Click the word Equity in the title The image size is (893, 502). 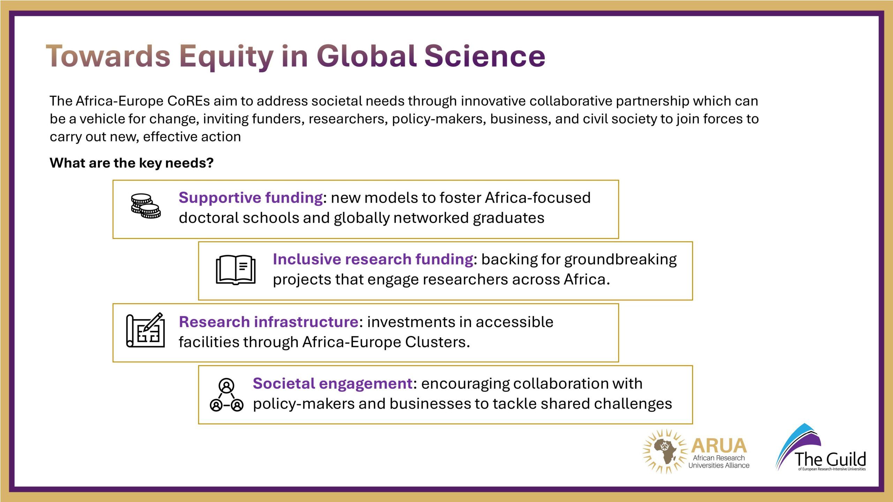tap(226, 56)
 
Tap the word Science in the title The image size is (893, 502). tap(485, 56)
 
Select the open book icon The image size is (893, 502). tap(236, 269)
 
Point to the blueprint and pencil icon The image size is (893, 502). tap(145, 330)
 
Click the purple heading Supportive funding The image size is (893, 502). tap(250, 198)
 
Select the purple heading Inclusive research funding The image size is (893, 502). tap(373, 259)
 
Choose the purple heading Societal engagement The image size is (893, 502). tap(333, 383)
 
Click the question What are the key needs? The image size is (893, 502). tap(132, 163)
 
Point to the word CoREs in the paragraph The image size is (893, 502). tap(189, 101)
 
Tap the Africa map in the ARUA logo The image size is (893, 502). tap(665, 451)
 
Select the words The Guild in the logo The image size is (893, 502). tap(830, 459)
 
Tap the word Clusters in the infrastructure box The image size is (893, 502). tap(437, 342)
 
